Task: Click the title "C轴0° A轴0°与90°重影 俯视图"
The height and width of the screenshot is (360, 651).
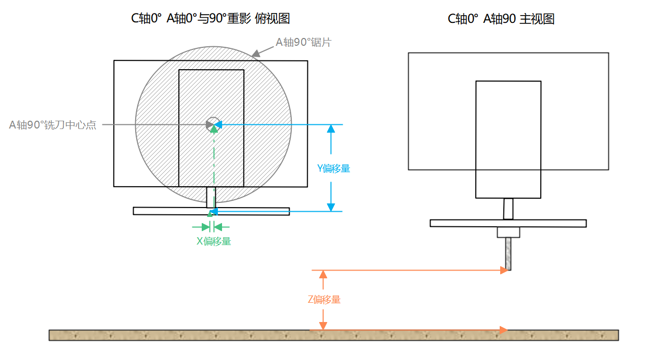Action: tap(210, 19)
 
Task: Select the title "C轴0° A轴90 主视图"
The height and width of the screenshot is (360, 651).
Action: tap(501, 19)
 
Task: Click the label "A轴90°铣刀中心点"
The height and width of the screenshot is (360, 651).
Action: tap(53, 125)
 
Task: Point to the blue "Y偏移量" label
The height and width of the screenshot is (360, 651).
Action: tap(333, 168)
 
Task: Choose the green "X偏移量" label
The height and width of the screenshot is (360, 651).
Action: tap(214, 241)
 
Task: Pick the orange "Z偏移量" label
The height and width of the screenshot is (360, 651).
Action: tap(324, 300)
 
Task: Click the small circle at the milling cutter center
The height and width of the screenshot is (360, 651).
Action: tap(212, 124)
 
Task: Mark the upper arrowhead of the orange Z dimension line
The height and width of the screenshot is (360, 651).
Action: tap(323, 275)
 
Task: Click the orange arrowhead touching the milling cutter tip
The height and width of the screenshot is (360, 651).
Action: tap(503, 270)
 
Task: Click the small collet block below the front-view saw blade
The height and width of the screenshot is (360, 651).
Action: tap(508, 232)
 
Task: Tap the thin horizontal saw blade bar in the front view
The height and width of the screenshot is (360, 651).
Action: tap(508, 223)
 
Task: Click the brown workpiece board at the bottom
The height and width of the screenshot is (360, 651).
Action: tap(333, 335)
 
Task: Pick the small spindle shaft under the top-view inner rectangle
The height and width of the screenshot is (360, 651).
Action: tap(211, 197)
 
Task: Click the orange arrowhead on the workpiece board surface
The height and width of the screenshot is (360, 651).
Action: tap(503, 329)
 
